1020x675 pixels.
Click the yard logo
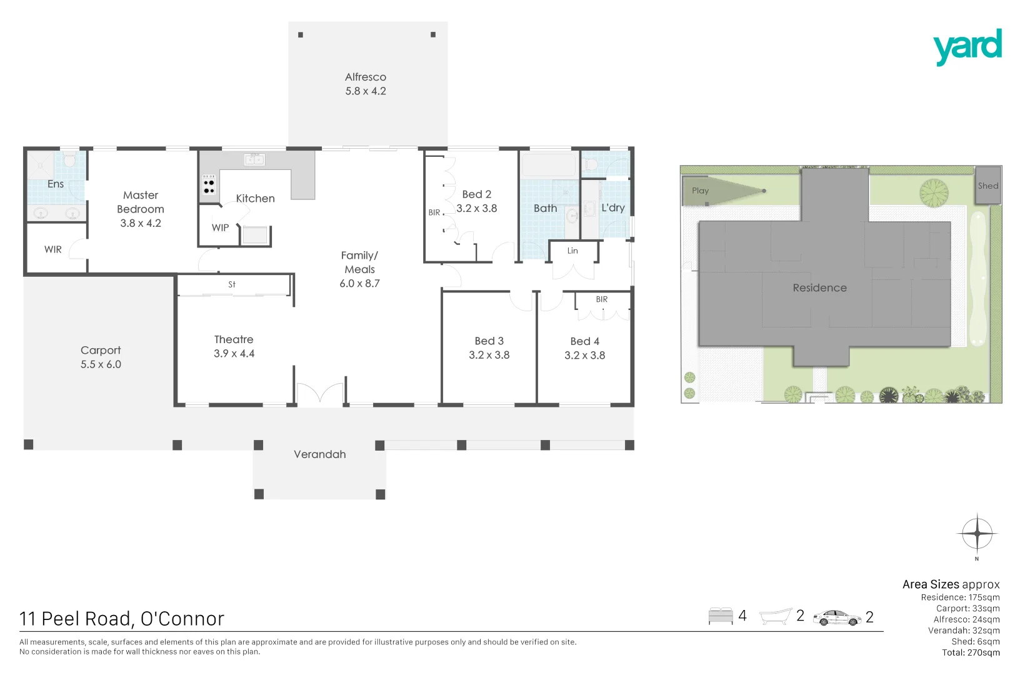coord(967,46)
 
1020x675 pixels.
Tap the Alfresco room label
coord(366,77)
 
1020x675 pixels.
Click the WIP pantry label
coord(220,228)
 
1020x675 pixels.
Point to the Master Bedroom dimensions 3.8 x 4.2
coord(141,223)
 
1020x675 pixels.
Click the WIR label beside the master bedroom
coord(53,250)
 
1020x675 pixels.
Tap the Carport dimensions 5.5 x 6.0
coord(101,364)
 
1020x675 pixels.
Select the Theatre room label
coord(234,339)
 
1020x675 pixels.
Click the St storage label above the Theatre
coord(232,284)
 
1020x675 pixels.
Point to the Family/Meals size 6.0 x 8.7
coord(359,284)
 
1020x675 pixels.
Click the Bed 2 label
coord(476,194)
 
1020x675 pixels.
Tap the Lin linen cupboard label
coord(572,251)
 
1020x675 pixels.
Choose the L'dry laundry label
coord(612,207)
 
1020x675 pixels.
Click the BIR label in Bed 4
coord(601,299)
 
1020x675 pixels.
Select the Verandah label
coord(319,454)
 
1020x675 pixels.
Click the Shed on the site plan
coord(987,186)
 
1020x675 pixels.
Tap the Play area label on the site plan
coord(700,191)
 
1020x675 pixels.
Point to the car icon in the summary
coord(837,617)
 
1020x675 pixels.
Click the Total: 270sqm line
coord(971,652)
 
